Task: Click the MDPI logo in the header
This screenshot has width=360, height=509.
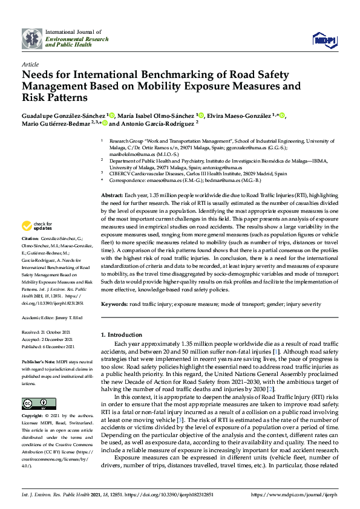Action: point(324,39)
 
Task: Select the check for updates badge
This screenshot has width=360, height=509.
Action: point(36,227)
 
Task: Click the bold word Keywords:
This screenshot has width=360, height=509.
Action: point(115,303)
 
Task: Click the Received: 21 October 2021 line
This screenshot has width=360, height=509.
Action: point(47,332)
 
